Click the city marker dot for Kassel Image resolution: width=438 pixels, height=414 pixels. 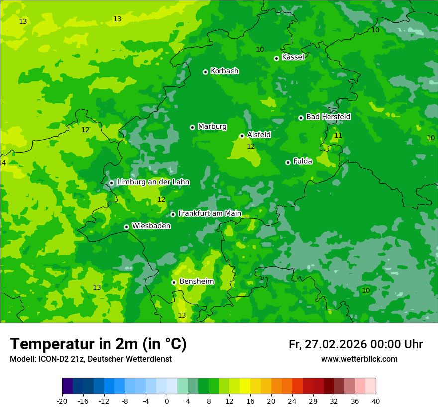(x=276, y=58)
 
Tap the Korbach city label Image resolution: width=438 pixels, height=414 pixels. (x=224, y=71)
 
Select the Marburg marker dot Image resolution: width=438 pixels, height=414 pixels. (x=192, y=127)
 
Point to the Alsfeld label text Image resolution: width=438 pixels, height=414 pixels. (x=259, y=135)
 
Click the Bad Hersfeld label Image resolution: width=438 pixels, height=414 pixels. (x=328, y=117)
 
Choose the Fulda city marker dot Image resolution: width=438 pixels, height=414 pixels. (x=288, y=162)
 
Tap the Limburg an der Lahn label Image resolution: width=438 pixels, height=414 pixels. (x=153, y=182)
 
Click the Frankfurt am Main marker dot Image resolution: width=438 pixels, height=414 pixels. (x=173, y=214)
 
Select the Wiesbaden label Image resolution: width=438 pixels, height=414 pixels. (x=151, y=226)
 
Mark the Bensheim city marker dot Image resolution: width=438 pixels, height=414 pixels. (x=174, y=282)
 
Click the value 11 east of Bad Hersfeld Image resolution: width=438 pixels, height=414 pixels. (x=338, y=135)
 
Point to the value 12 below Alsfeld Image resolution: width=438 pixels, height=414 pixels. (x=251, y=146)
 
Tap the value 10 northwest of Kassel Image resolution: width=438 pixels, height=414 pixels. (x=260, y=49)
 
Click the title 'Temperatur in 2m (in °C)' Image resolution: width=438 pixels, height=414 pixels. (x=98, y=344)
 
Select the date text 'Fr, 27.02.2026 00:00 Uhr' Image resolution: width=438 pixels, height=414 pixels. (x=355, y=344)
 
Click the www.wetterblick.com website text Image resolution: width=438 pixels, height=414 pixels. (x=359, y=359)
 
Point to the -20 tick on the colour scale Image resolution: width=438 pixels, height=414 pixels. (x=62, y=401)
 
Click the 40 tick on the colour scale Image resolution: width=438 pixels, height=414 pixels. (x=376, y=401)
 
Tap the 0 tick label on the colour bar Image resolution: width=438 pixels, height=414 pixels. (x=167, y=401)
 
